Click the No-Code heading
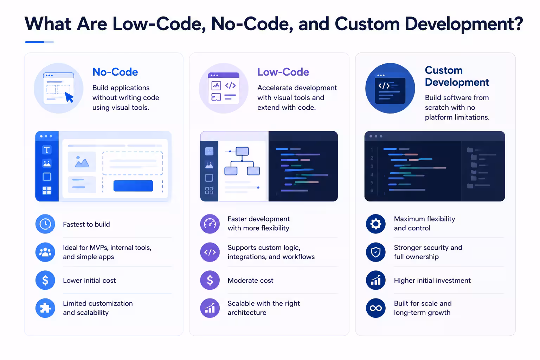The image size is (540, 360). coord(115,72)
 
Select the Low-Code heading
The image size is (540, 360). coord(283,72)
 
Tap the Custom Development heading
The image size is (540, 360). coord(457,76)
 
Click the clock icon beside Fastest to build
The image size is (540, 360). coord(45,224)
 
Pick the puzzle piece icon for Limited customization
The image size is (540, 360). coord(45,308)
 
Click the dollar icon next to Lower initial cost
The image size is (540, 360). coord(45,280)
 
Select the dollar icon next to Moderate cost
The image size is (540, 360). coord(210,280)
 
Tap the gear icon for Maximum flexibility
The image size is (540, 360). coord(375,224)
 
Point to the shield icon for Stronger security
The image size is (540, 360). coord(375,252)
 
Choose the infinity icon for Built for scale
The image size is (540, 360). coord(375,308)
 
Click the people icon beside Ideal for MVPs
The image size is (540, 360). coord(45,252)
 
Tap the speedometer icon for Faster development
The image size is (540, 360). coord(210,224)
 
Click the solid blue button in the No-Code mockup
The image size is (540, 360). coord(133,186)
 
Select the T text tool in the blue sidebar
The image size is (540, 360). coord(47,150)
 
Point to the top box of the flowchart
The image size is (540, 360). coord(242,151)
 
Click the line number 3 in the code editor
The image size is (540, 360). coord(372,166)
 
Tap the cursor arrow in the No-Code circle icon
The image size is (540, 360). coord(69,97)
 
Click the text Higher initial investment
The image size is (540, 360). coord(432,281)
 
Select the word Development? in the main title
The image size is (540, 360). coord(464,24)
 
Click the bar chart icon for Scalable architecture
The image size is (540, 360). coord(210,308)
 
